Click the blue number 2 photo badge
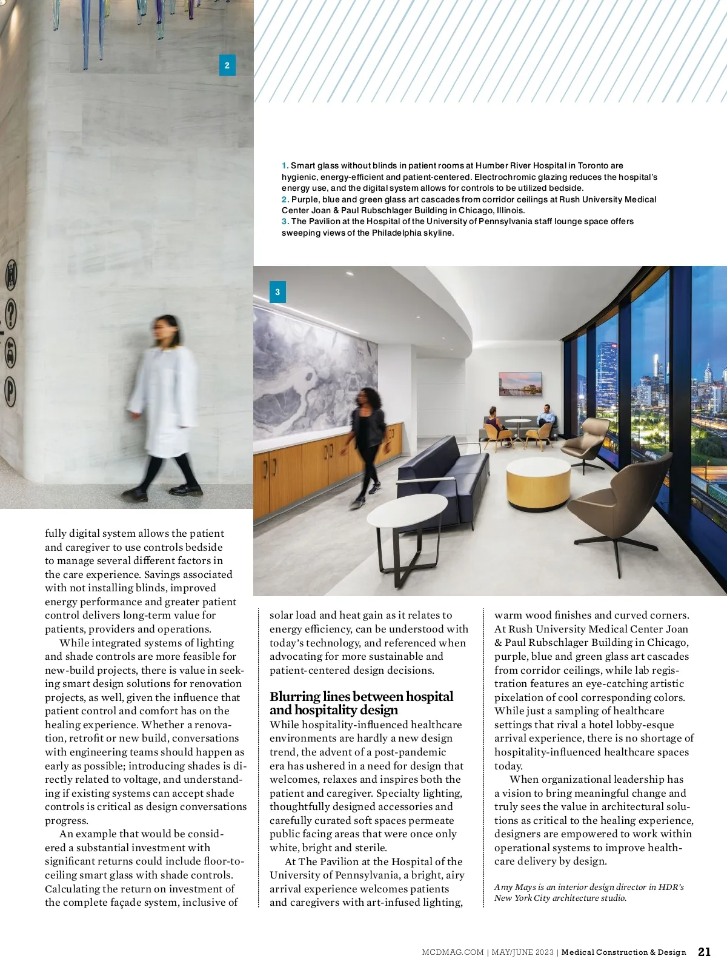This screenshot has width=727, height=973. coord(227,65)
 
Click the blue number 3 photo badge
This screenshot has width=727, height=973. coord(277,292)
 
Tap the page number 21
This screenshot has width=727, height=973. coord(704,952)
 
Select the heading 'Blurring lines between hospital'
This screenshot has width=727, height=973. coord(361,697)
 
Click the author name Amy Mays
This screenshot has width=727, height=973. coord(514,887)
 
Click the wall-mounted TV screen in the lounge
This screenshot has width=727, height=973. coord(520,384)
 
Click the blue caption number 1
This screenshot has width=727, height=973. coord(285,165)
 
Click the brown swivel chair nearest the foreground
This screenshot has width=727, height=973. coord(619,509)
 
